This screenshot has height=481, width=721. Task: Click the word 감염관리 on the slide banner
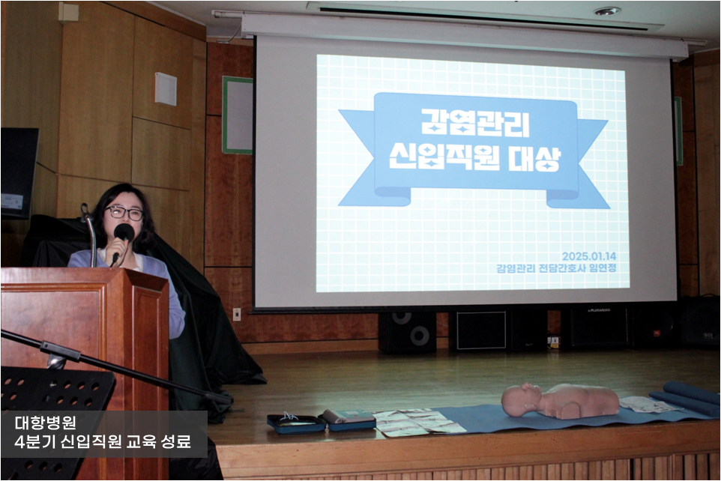coord(475,123)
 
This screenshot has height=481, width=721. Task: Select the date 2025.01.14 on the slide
coord(589,256)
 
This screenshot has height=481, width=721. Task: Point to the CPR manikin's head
coord(522,399)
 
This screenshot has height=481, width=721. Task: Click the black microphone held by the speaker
coord(122,240)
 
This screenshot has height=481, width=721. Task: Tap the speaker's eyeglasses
coord(124,213)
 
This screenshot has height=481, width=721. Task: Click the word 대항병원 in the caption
coord(45,422)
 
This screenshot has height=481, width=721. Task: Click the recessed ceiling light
coord(607,11)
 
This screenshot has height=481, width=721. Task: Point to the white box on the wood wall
coord(166,88)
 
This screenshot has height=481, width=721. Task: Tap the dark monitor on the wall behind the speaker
coord(19,173)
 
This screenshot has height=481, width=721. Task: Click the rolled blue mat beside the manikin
coord(685,397)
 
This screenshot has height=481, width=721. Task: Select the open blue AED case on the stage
coord(296,423)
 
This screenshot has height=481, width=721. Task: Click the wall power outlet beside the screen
coord(237,314)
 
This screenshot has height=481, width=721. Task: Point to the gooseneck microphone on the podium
coord(90,235)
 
